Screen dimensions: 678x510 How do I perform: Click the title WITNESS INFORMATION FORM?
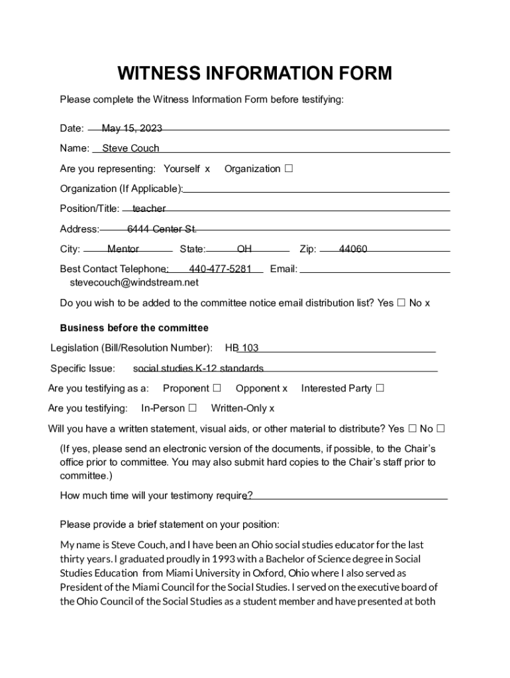click(255, 73)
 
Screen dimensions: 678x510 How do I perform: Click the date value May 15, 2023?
click(132, 128)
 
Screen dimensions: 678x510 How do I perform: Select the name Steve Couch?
click(130, 148)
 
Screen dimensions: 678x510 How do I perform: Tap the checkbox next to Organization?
click(289, 168)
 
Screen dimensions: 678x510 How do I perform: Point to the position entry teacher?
click(149, 209)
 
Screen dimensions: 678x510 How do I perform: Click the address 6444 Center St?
click(162, 229)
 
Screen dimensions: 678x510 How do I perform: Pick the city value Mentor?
click(123, 250)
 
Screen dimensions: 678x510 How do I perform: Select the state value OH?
click(244, 250)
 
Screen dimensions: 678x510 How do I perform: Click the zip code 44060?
click(353, 250)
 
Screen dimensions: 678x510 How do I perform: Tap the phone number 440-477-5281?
click(220, 269)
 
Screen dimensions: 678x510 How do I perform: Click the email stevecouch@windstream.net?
click(134, 283)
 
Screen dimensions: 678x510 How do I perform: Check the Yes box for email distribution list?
click(401, 303)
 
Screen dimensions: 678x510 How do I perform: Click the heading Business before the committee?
click(134, 328)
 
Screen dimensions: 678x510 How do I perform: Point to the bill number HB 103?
click(242, 348)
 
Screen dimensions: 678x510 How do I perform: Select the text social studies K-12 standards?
click(198, 368)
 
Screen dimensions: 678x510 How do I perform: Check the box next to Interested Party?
click(380, 388)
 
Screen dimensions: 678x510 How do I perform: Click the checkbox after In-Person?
click(193, 408)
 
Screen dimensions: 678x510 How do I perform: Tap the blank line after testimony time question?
click(348, 496)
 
